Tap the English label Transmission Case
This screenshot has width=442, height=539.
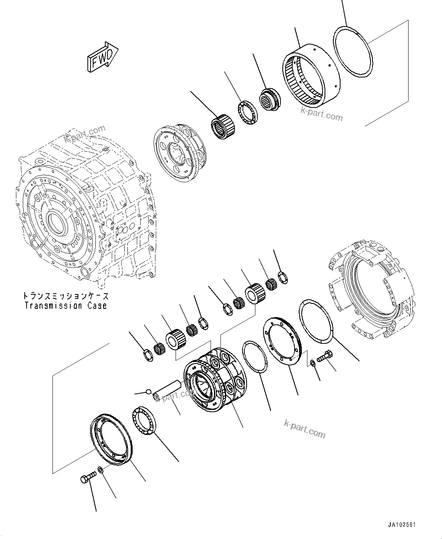(65, 305)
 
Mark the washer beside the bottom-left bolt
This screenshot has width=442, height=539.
(101, 471)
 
